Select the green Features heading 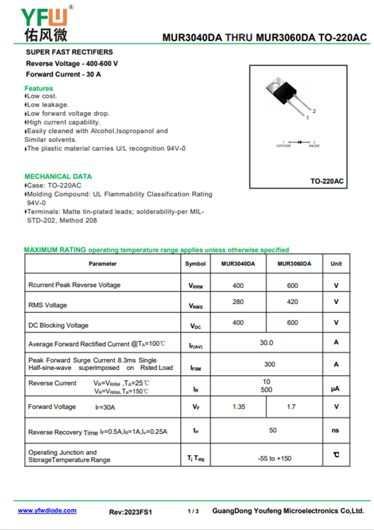(x=39, y=88)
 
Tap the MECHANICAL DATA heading (x=58, y=176)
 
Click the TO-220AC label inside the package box (x=327, y=181)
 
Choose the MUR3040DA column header (x=238, y=264)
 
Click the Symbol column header (x=195, y=264)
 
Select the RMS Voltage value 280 (x=238, y=302)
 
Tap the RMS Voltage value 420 (x=293, y=302)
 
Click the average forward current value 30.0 (x=266, y=342)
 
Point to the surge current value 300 (x=270, y=364)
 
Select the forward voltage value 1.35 (x=238, y=407)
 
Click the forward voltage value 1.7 (x=291, y=407)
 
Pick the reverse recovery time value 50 (x=273, y=430)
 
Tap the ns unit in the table (x=335, y=430)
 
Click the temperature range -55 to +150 (x=274, y=458)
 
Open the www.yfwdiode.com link (x=47, y=510)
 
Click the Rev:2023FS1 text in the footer (x=131, y=512)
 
